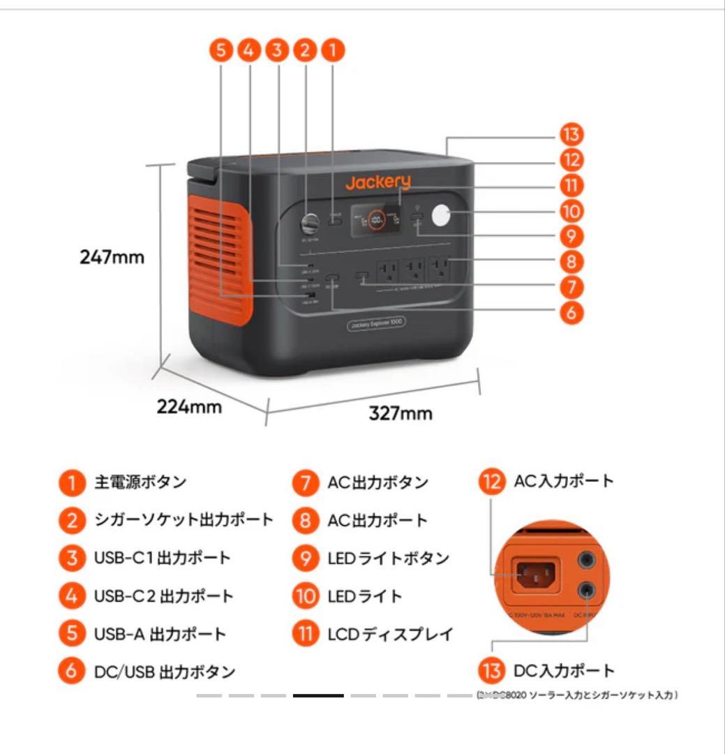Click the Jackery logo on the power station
click(x=378, y=183)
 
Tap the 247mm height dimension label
click(x=112, y=257)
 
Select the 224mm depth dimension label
click(x=189, y=406)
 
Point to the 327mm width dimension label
click(x=401, y=413)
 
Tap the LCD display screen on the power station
click(x=375, y=220)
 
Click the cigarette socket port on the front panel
click(x=308, y=225)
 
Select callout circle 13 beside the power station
click(x=571, y=135)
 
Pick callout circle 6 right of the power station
click(x=571, y=312)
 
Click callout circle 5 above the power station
click(x=221, y=50)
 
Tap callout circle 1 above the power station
click(x=332, y=50)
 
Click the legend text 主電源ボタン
click(x=140, y=482)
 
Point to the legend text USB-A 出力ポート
click(x=160, y=634)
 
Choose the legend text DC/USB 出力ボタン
click(x=165, y=672)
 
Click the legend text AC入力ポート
click(x=564, y=481)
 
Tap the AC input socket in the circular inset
click(x=535, y=575)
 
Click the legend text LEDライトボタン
click(x=388, y=559)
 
